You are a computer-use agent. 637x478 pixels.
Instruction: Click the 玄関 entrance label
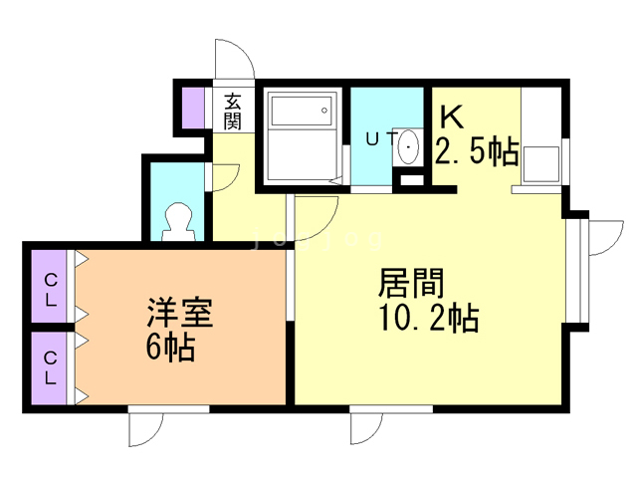tap(233, 111)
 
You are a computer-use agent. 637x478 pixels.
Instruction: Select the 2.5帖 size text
tap(477, 153)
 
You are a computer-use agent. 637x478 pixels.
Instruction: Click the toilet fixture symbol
tap(178, 221)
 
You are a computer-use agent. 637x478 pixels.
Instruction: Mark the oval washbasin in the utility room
tap(408, 149)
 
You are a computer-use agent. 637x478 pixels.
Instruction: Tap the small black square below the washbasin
tap(408, 181)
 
